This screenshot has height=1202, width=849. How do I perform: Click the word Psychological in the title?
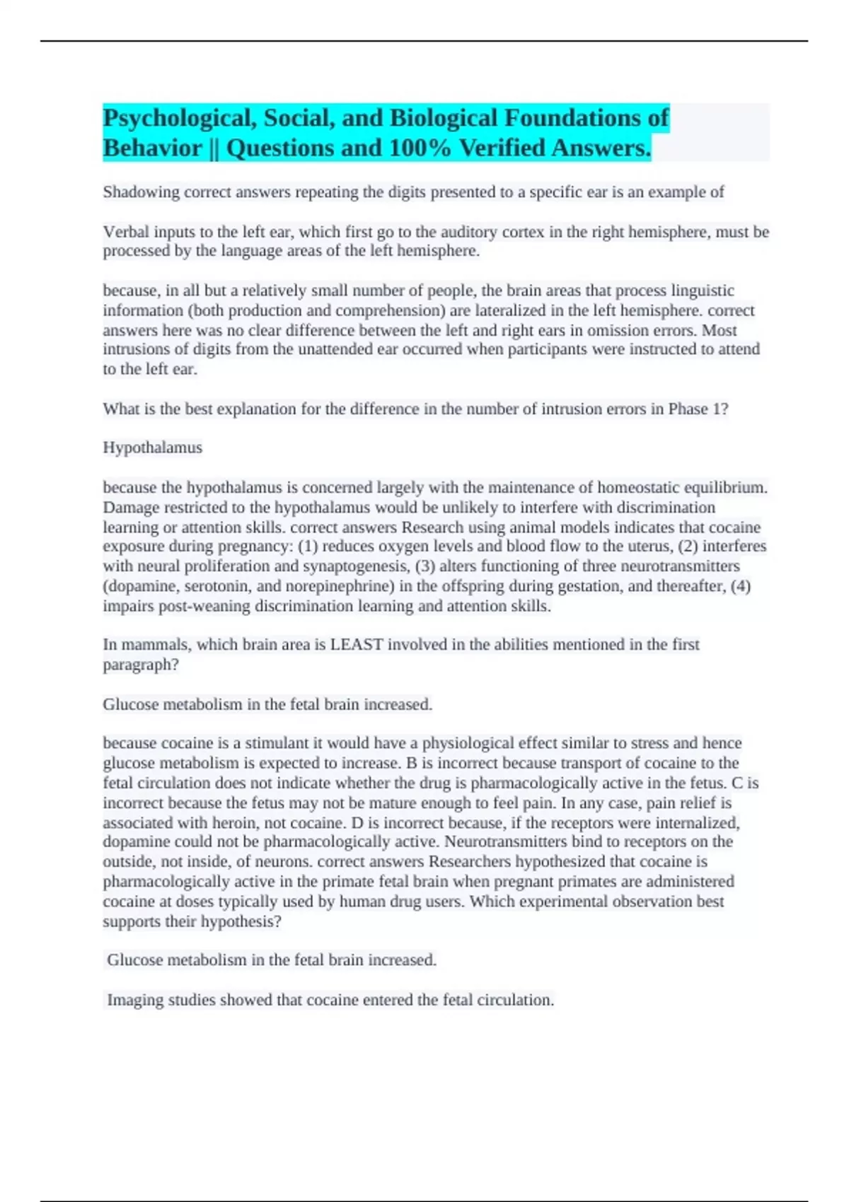click(180, 118)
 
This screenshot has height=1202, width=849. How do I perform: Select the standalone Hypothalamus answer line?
click(153, 448)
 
